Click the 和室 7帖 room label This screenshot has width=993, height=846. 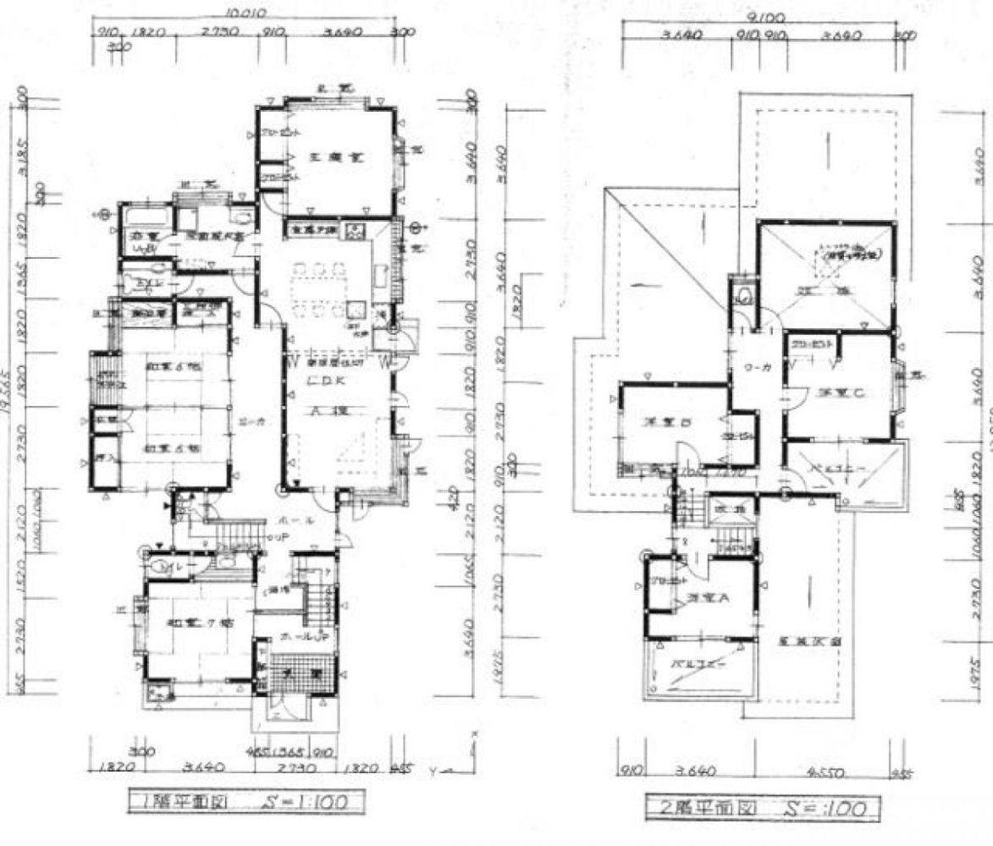(x=194, y=624)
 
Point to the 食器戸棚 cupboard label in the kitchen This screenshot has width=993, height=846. (x=314, y=228)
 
